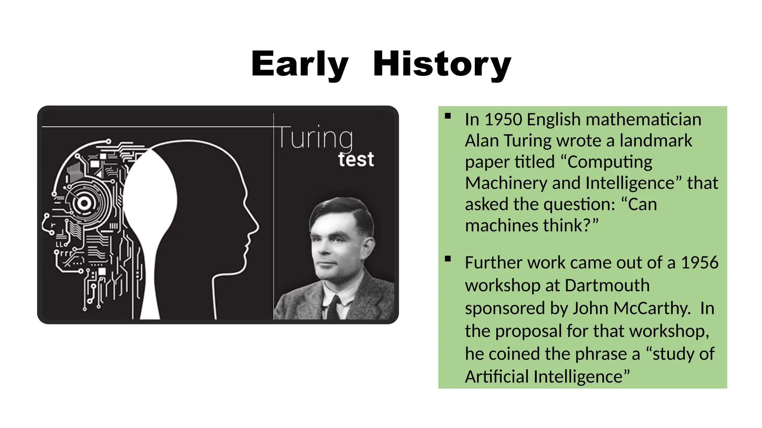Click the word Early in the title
[x=300, y=64]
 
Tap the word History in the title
[x=442, y=64]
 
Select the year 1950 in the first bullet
[x=503, y=120]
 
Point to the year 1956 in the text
[x=699, y=263]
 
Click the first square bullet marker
[x=448, y=116]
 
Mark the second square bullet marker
[x=448, y=259]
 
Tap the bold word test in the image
[x=356, y=160]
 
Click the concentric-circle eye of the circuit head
[x=84, y=203]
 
